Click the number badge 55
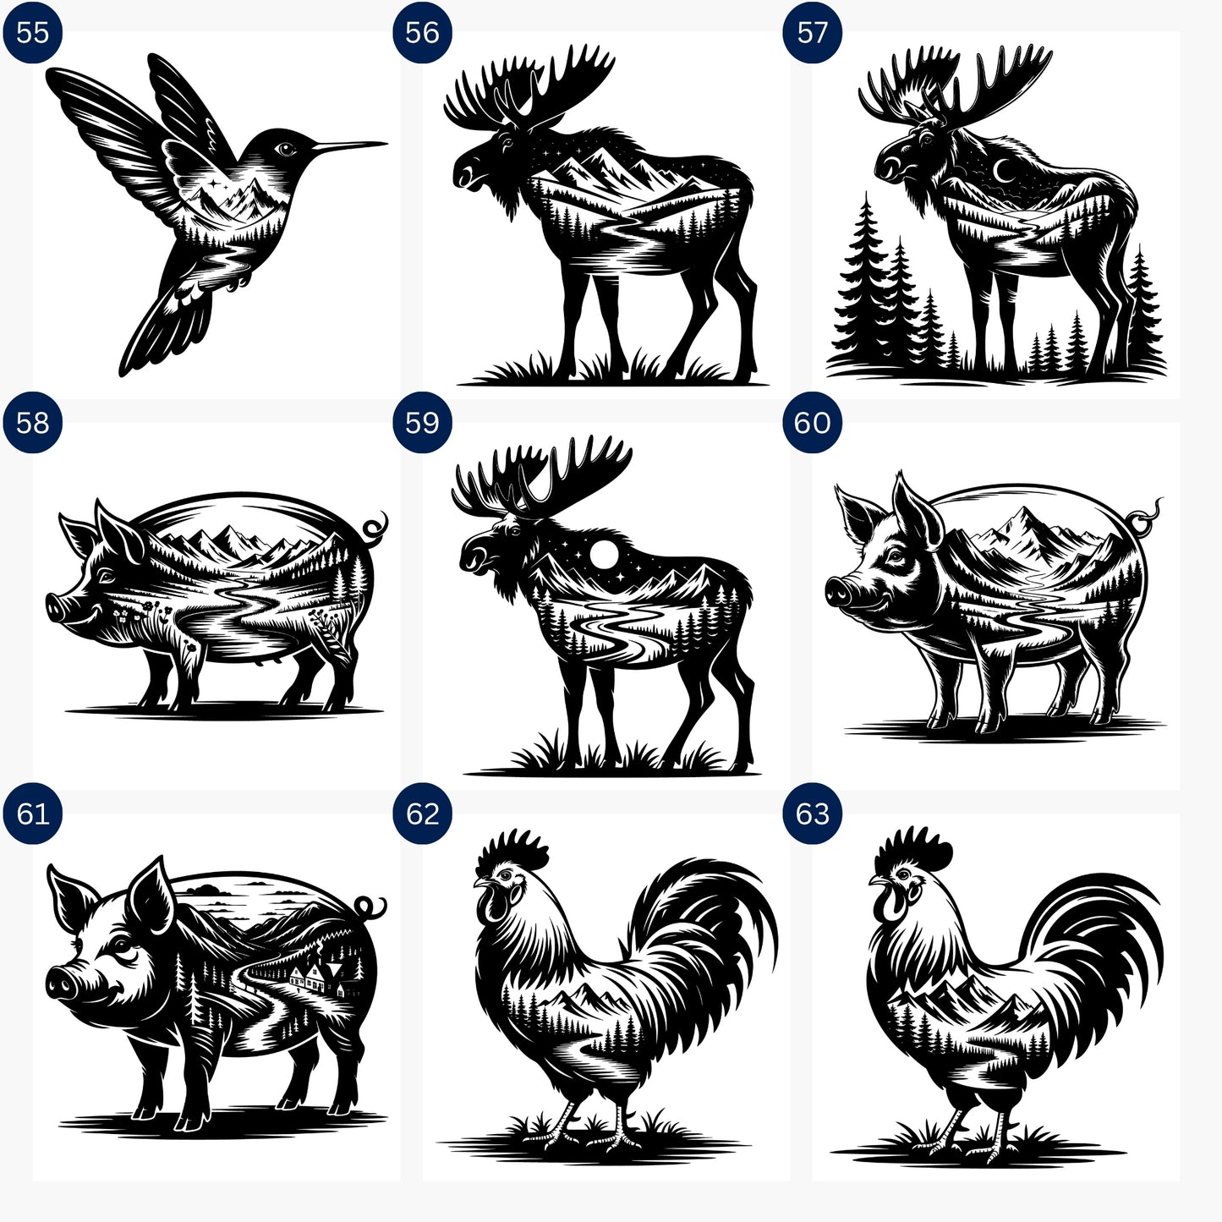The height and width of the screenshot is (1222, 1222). (32, 33)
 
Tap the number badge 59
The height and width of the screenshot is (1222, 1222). (422, 423)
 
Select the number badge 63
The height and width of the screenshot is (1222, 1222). (812, 814)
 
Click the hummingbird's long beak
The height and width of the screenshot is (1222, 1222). (347, 147)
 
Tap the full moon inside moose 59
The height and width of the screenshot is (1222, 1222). (605, 556)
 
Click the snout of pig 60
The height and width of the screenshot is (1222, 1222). (837, 592)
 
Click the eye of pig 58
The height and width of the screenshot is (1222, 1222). (107, 576)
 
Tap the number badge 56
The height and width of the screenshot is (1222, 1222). (422, 33)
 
